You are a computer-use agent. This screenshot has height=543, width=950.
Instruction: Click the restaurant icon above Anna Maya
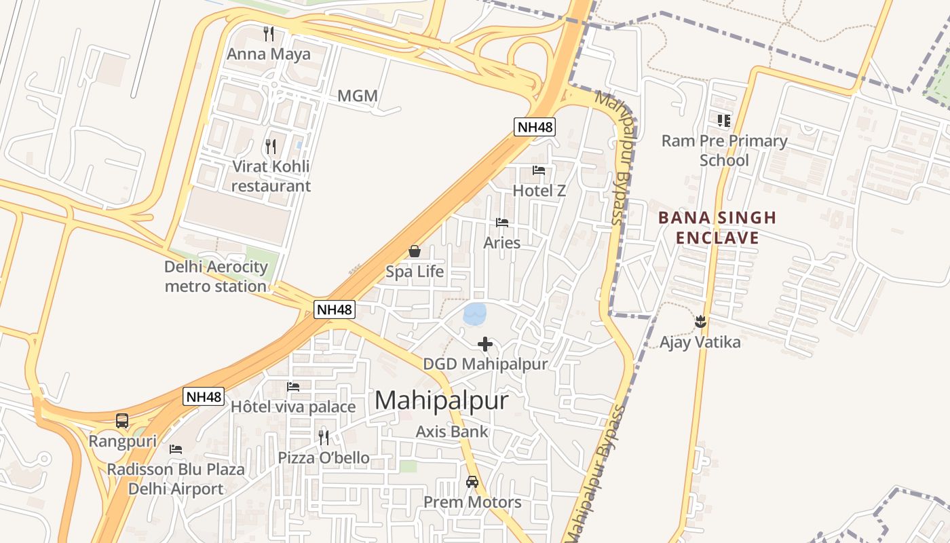269,33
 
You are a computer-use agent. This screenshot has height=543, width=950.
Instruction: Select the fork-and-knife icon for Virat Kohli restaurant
270,146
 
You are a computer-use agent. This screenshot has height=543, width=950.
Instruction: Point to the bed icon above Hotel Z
539,170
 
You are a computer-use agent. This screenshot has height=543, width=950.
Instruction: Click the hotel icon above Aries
502,223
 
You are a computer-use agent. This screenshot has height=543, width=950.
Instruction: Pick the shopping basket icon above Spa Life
415,252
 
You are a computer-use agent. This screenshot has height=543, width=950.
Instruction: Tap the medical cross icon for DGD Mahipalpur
485,344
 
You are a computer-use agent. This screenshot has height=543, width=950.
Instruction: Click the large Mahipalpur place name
441,400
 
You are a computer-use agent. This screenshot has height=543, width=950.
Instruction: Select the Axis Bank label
452,432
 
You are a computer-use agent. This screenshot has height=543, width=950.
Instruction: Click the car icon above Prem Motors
472,482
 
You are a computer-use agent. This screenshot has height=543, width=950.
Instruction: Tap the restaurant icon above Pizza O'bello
324,437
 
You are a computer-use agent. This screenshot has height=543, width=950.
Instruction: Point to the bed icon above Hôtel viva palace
293,387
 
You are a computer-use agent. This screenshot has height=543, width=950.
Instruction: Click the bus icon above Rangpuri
122,421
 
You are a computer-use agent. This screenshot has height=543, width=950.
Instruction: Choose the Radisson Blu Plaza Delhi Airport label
176,479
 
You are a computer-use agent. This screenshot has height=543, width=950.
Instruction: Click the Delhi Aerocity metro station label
216,276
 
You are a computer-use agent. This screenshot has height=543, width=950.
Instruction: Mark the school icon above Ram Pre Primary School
724,121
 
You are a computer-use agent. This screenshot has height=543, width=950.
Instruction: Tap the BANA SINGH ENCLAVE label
717,227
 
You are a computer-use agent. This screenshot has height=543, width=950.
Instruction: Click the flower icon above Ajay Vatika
700,322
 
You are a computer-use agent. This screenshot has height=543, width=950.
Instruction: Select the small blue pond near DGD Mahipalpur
474,314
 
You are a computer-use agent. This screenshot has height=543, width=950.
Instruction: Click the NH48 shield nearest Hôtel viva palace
204,397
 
